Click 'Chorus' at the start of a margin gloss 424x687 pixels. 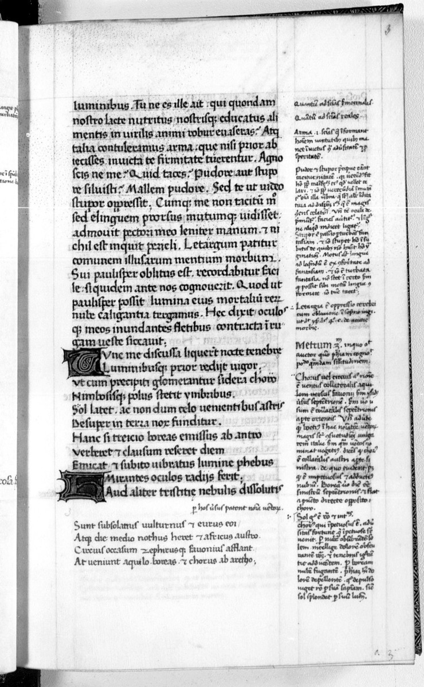click(x=308, y=377)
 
